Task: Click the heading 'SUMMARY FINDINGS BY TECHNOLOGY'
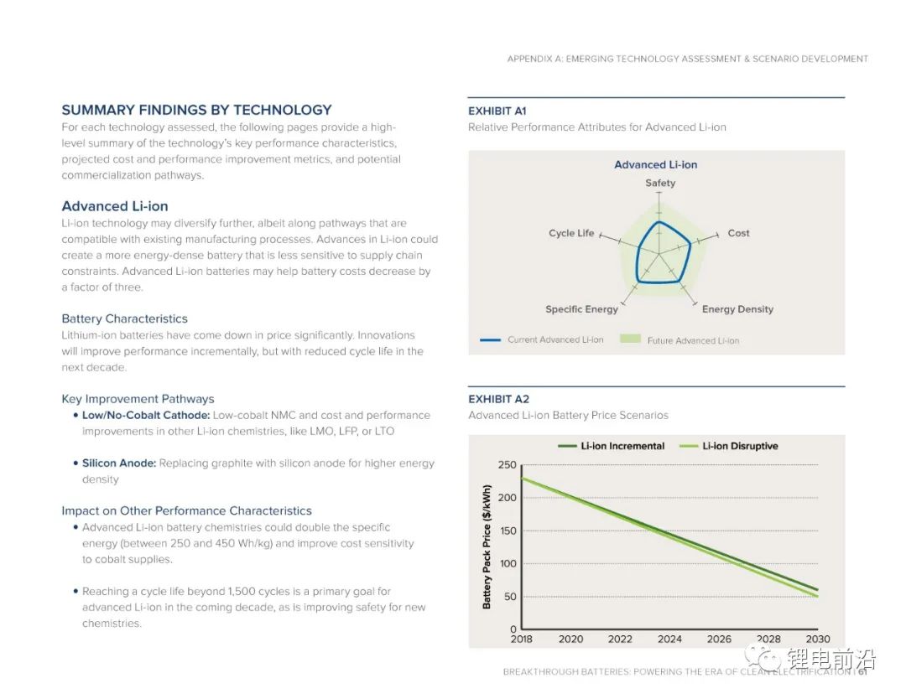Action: (196, 110)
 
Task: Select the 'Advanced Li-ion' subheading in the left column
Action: (115, 206)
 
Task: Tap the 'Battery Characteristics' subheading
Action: (124, 318)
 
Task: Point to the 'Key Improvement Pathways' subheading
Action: (138, 399)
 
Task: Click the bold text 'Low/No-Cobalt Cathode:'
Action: (146, 415)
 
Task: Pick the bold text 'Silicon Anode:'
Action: (118, 463)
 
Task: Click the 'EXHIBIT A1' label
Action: (497, 111)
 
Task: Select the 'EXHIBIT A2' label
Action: (498, 399)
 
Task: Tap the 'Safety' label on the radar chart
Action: (660, 183)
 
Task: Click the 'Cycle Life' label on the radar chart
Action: (571, 233)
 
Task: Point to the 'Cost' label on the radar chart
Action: (738, 233)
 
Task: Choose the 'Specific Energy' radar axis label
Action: (581, 309)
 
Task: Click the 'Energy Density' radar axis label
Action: (737, 309)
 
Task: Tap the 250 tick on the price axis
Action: (507, 465)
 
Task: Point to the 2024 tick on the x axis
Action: (669, 639)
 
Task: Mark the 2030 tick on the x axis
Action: (817, 639)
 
